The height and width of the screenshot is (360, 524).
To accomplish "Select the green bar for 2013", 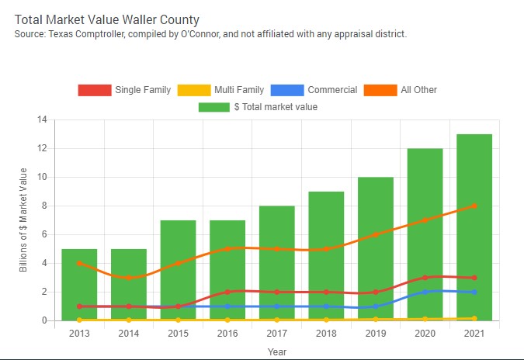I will point(79,284).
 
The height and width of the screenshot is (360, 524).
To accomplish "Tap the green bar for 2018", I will point(326,255).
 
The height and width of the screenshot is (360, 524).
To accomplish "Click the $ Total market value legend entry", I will point(258,107).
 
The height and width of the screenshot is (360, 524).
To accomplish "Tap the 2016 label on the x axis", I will point(227,333).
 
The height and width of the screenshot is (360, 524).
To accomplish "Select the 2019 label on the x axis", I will point(375,333).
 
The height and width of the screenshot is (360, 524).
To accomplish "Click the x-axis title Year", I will point(277,351).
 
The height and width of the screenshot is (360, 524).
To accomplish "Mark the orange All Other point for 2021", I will point(474,206).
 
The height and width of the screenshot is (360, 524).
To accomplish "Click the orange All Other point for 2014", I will point(129,278).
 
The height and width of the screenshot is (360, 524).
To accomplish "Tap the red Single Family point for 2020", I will point(425,278).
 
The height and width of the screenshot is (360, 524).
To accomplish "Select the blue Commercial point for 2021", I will point(474,292).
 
